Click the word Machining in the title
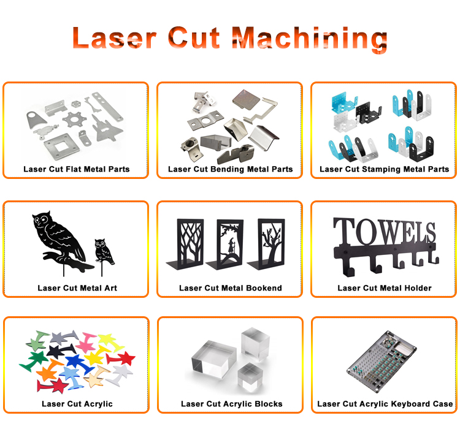(311, 38)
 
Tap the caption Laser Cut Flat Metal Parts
(77, 169)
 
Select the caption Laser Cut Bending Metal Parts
(230, 169)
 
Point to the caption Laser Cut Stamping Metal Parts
(385, 169)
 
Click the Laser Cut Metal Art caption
(77, 288)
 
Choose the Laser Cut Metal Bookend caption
(230, 288)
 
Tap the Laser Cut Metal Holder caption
(385, 288)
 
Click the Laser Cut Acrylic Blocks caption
(231, 404)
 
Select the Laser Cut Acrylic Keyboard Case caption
(385, 404)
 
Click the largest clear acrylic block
(215, 366)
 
